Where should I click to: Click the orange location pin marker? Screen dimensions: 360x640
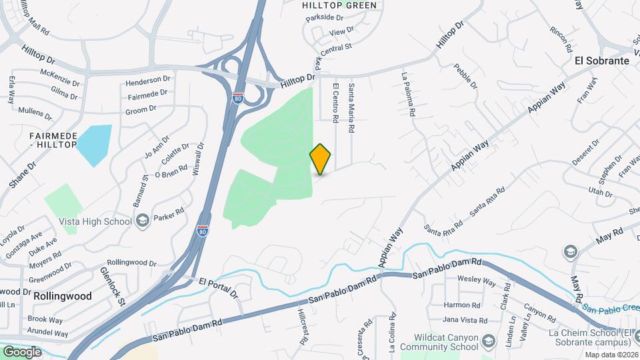321,159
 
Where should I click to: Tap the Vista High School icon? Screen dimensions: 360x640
142,221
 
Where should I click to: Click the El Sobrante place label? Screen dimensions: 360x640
602,60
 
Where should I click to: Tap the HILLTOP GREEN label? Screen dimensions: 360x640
339,5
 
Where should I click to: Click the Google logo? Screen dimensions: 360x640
22,351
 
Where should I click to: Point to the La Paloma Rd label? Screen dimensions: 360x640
407,95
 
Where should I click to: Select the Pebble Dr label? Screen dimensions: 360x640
465,76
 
